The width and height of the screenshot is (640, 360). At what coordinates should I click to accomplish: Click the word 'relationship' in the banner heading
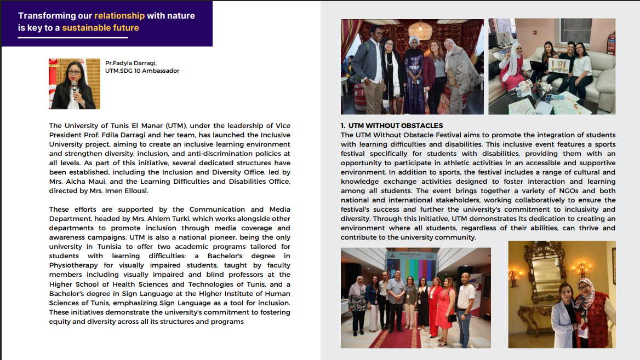119,16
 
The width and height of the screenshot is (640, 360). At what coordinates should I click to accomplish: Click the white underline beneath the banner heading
73,38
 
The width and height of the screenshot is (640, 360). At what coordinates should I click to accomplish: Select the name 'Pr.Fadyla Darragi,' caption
131,63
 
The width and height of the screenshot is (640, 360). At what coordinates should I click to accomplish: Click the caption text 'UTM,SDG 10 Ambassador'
142,71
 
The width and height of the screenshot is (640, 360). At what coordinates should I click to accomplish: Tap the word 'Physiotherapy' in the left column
73,265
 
